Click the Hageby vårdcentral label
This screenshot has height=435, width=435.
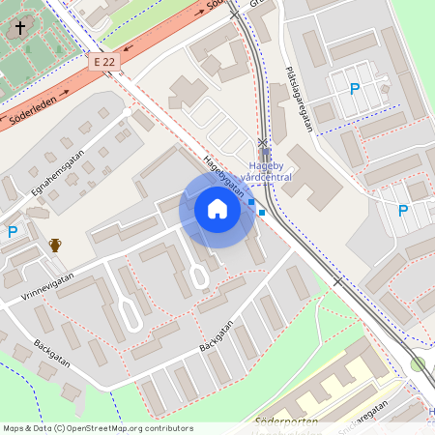point(267,170)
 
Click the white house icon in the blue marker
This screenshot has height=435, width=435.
point(217,209)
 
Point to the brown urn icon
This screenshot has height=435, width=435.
point(55,245)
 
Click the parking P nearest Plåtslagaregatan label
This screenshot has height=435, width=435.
point(354,89)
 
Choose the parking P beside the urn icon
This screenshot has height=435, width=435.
point(13,231)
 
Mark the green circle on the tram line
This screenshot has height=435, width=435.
point(418,363)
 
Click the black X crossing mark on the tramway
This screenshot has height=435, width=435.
point(264,142)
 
